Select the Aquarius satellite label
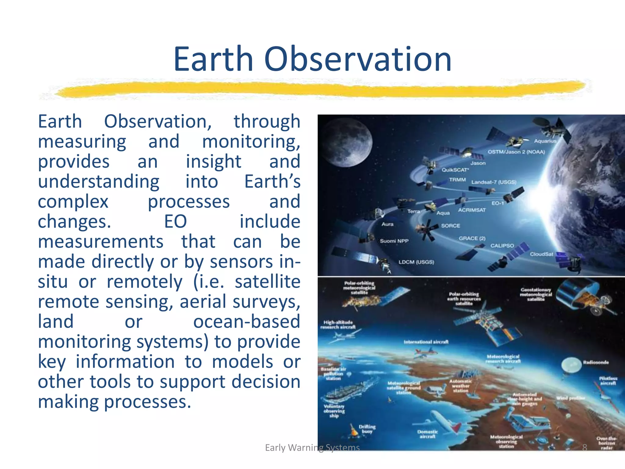click(545, 141)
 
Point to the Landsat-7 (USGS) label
click(494, 182)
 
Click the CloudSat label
click(541, 254)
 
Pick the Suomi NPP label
click(394, 241)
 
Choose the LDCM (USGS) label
click(416, 262)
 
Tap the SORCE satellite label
click(450, 226)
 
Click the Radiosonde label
click(596, 362)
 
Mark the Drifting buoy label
click(367, 429)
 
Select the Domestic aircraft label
click(427, 434)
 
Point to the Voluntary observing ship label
click(334, 411)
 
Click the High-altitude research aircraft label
click(338, 325)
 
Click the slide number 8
click(584, 448)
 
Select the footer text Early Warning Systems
click(312, 448)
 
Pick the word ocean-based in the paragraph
click(247, 322)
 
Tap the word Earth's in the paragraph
click(272, 181)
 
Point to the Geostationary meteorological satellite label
click(536, 294)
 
